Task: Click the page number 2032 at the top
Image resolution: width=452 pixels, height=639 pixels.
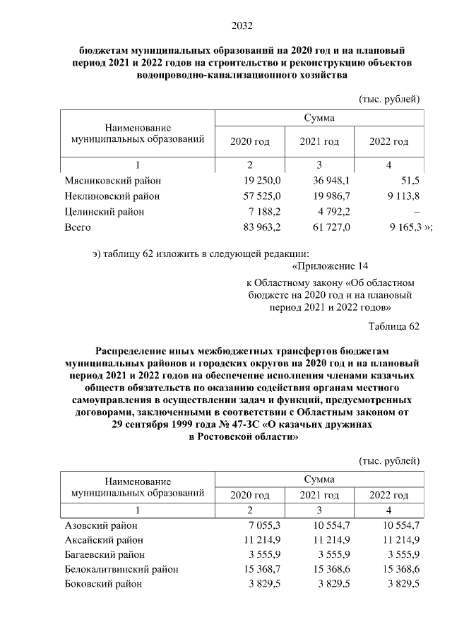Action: (x=242, y=27)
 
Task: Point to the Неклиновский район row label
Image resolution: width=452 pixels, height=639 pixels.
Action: (x=112, y=196)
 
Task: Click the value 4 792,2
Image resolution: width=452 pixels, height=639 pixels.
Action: (x=334, y=211)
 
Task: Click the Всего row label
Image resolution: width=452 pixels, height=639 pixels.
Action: (x=78, y=227)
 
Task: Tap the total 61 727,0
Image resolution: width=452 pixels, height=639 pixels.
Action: (x=331, y=227)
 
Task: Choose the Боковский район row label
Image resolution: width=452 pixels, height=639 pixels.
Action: (x=103, y=583)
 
